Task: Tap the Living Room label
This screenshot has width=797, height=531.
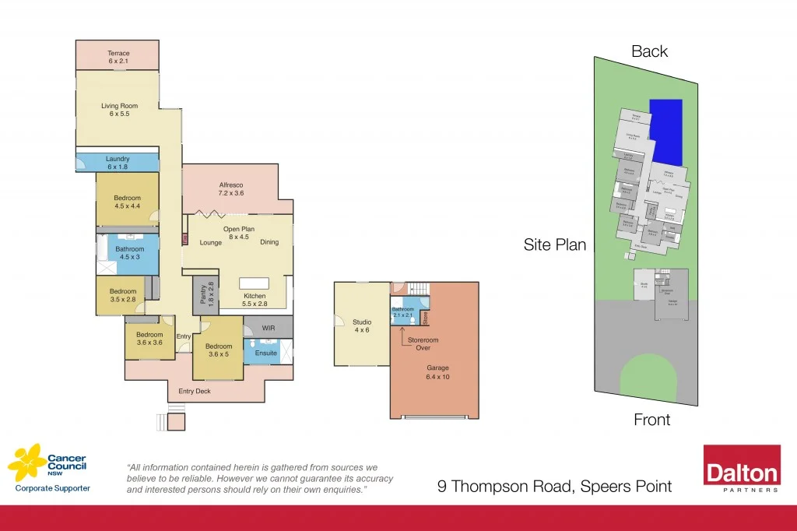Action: coord(118,110)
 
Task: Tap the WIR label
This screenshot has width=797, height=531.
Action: coord(269,328)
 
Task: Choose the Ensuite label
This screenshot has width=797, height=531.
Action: coord(265,353)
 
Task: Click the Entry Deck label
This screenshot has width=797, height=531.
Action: coord(195,391)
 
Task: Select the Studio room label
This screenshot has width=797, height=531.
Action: coord(362,325)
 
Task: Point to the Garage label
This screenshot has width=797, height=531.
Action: coord(437,371)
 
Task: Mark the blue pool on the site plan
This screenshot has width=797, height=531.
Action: coord(665,132)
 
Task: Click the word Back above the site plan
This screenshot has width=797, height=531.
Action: coord(649,51)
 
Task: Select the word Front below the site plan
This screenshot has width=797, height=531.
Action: coord(651,420)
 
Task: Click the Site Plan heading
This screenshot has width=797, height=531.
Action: coord(554,244)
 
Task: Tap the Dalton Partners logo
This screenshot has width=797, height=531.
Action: coord(742,469)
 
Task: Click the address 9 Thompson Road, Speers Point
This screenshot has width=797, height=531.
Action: coord(553,487)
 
